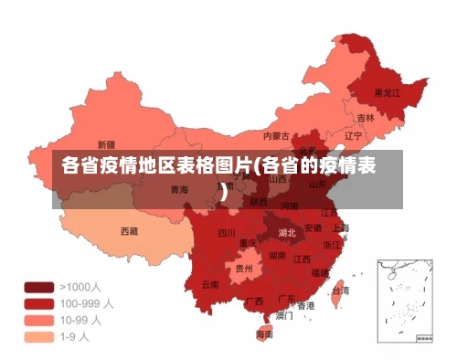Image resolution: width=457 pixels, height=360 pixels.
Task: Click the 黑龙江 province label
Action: coord(388,92)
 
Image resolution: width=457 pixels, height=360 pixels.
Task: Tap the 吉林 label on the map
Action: coord(366,118)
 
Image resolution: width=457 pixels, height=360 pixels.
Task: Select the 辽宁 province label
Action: coord(353,136)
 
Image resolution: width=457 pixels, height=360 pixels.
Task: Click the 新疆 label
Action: coord(105,144)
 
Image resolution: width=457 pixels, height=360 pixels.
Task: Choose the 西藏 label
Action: coord(130,232)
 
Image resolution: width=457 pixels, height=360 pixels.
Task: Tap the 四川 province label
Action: coord(227,233)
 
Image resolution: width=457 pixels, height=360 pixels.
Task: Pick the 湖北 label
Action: coord(287,233)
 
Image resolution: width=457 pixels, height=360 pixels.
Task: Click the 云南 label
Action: coord(210,284)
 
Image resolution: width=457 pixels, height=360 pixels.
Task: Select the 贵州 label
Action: coord(244,270)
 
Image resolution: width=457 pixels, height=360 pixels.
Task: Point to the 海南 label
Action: coord(264,334)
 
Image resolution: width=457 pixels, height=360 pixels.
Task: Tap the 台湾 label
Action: coord(339,291)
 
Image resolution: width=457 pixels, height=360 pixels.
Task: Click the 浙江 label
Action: coord(333,245)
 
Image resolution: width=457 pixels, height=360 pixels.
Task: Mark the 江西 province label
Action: coord(302,259)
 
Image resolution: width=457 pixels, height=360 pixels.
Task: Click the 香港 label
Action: coord(305,305)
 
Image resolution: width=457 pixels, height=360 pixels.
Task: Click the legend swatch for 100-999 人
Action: coord(38,303)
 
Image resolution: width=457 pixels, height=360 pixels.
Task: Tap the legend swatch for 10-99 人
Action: coord(38,320)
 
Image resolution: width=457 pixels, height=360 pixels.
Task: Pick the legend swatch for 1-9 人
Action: coord(38,336)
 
